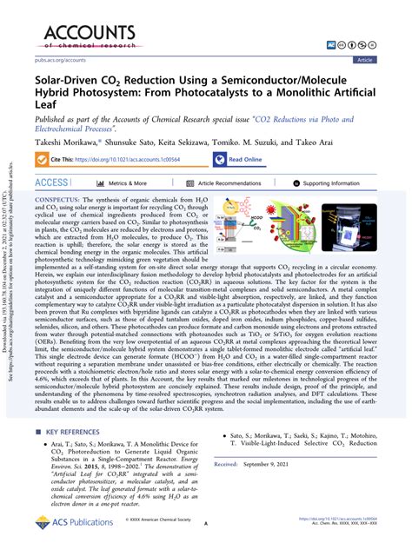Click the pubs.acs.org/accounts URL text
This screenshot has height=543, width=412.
[62, 60]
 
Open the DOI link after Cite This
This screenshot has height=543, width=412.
[131, 160]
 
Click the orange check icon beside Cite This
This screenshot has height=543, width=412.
[42, 160]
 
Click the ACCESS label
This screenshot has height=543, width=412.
[50, 183]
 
